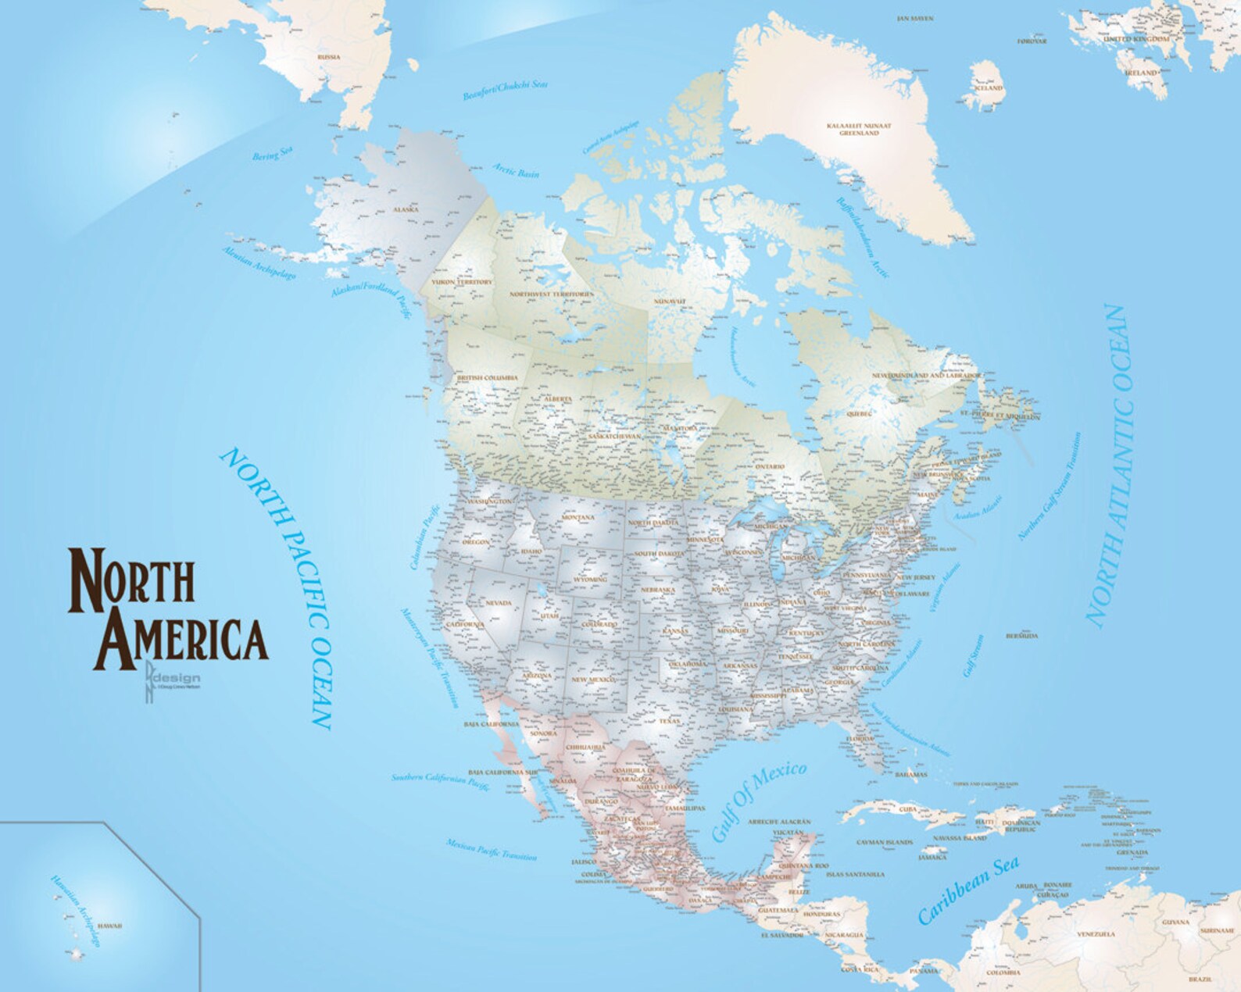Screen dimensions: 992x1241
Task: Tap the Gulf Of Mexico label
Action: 758,801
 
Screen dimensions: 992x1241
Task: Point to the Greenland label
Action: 859,129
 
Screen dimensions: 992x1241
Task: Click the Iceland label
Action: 987,88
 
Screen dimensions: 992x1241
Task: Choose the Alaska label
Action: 406,209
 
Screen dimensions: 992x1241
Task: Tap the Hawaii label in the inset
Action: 109,926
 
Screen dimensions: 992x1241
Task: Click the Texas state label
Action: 670,722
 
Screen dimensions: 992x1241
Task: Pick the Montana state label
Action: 578,517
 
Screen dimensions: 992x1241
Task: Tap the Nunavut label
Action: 670,301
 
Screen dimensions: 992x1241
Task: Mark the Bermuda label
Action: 1022,636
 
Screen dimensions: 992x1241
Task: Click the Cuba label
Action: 907,809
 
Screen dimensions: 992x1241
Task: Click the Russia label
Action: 328,57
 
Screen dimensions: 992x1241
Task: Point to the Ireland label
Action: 1140,73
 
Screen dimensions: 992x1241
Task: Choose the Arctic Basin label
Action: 515,169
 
